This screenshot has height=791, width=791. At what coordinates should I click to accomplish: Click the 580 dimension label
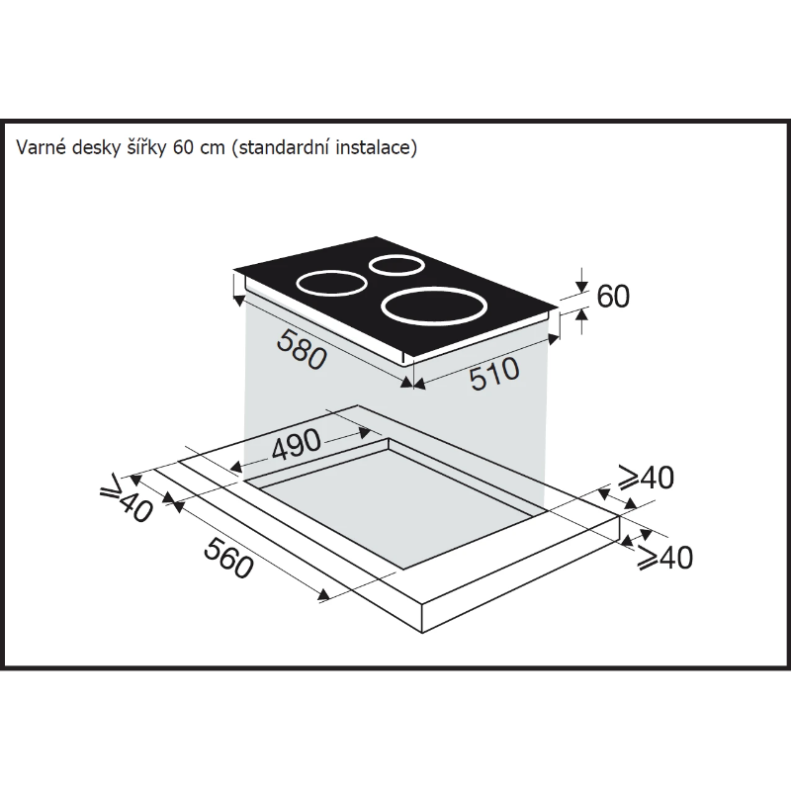302,349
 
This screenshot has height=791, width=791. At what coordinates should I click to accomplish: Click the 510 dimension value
494,374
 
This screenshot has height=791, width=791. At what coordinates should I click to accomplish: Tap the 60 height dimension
613,296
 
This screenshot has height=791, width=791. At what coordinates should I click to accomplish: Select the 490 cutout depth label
296,444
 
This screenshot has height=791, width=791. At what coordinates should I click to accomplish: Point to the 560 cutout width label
228,558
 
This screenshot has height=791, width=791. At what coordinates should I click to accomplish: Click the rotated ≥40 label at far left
127,498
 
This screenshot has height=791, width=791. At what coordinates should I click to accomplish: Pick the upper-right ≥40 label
647,477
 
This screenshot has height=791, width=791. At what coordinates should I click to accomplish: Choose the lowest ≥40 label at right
664,558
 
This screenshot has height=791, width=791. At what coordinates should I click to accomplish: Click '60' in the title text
182,147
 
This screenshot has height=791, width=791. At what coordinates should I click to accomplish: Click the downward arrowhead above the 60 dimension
582,287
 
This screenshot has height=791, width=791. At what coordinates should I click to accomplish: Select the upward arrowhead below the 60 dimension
582,314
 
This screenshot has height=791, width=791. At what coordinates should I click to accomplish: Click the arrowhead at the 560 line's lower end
324,596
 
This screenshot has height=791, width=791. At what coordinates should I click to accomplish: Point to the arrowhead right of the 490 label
365,432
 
